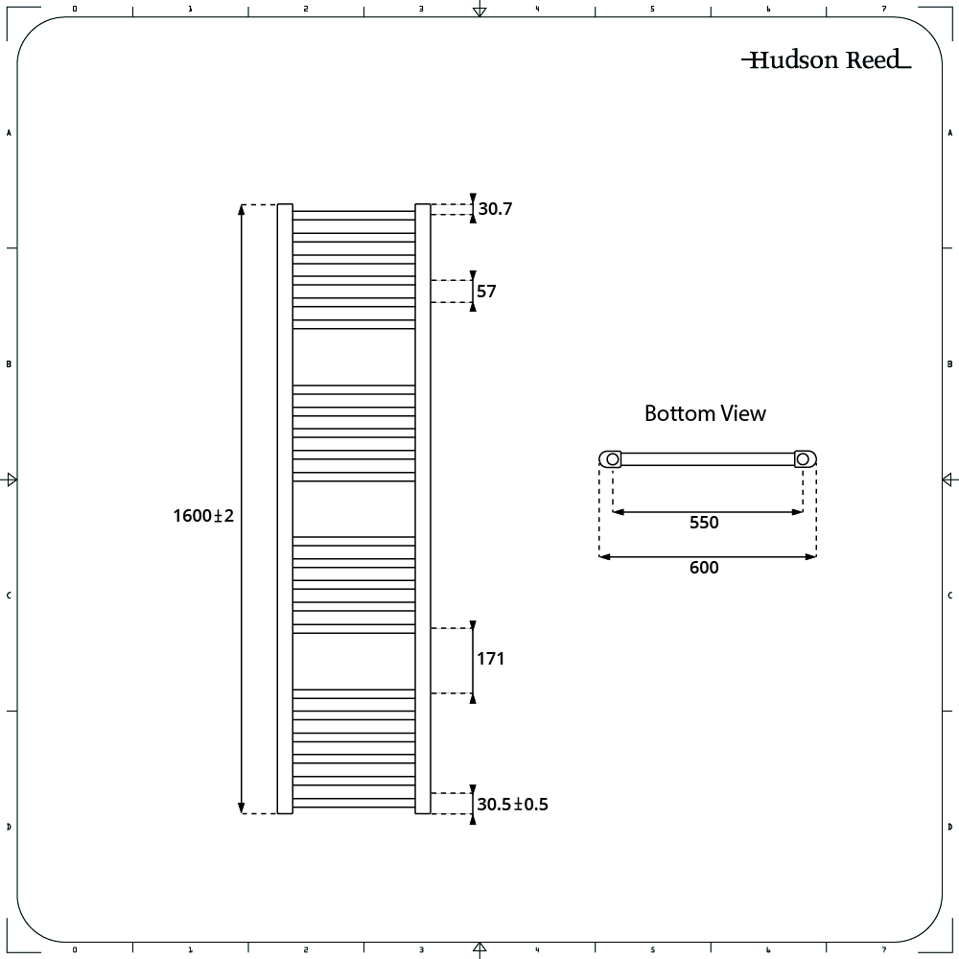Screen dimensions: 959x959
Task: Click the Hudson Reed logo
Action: point(827,59)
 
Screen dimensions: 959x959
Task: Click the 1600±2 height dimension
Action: point(203,516)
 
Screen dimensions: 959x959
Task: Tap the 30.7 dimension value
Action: point(496,208)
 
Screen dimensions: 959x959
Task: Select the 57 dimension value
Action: point(486,292)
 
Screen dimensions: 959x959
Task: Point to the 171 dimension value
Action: point(490,659)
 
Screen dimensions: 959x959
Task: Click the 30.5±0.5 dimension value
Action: point(512,805)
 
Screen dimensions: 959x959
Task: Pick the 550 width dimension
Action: point(704,523)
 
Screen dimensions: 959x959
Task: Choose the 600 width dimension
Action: point(704,568)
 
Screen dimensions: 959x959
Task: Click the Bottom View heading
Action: point(705,413)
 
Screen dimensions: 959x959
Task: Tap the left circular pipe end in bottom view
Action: point(612,458)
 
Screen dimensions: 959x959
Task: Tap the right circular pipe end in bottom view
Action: point(803,458)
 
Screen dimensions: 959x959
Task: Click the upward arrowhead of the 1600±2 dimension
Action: point(242,210)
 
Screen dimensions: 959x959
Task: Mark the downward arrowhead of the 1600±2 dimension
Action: point(242,807)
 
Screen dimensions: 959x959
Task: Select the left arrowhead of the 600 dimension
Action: point(605,556)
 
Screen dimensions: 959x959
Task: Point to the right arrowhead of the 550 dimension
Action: point(797,512)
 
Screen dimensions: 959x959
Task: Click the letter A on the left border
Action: point(9,132)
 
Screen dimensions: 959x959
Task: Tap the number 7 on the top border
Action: point(884,9)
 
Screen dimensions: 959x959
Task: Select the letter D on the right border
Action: point(949,827)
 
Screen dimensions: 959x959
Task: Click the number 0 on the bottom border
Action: point(75,949)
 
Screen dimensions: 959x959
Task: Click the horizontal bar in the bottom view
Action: point(708,459)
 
